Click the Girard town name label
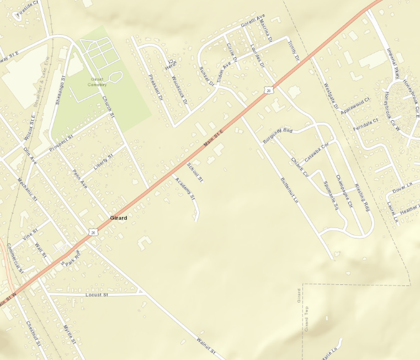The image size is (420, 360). [119, 218]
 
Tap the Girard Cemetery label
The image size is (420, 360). [97, 82]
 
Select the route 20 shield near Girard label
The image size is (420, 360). [93, 232]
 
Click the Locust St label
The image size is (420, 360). [97, 295]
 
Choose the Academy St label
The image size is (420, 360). [185, 188]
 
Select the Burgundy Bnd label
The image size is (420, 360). [278, 135]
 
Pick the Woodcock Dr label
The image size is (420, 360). [180, 90]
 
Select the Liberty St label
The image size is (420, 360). [103, 162]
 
